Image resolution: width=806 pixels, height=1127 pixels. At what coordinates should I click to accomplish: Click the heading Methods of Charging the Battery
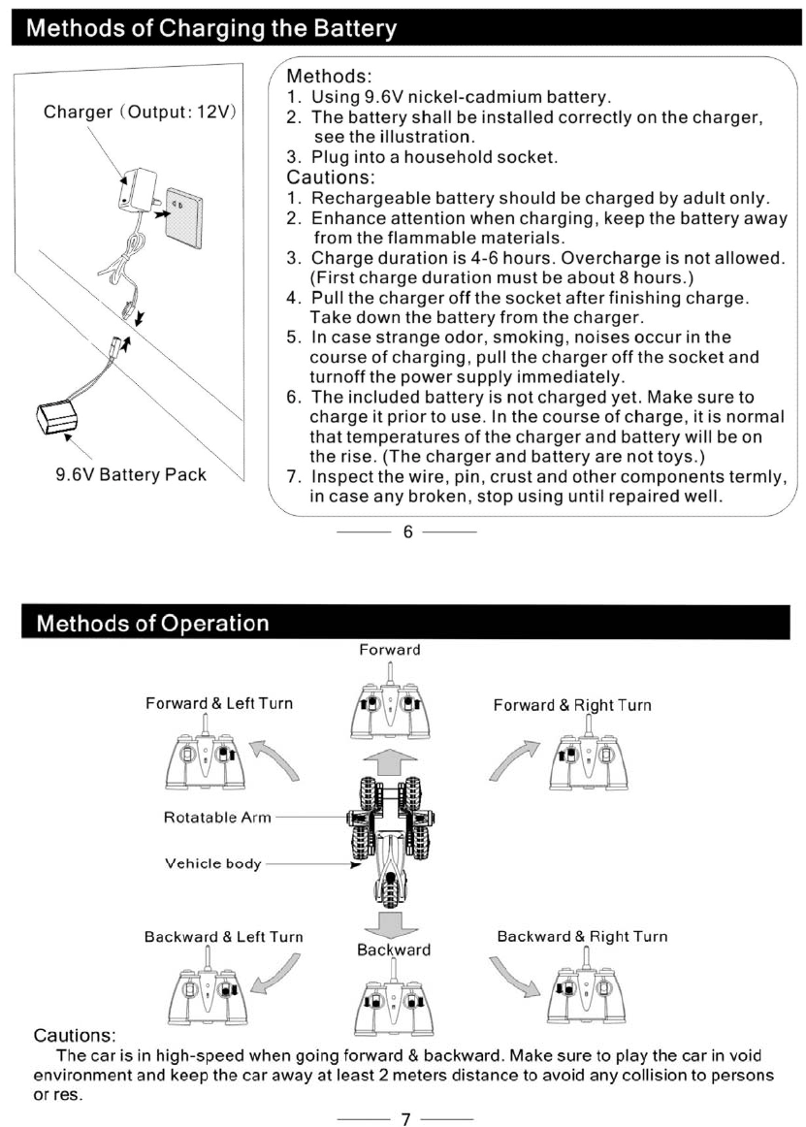[212, 28]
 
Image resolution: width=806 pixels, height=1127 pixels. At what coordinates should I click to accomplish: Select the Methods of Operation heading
[152, 623]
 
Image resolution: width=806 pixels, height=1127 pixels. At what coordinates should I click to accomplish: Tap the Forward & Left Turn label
[218, 703]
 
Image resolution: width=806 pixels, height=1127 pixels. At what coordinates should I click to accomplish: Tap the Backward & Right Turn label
[582, 936]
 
